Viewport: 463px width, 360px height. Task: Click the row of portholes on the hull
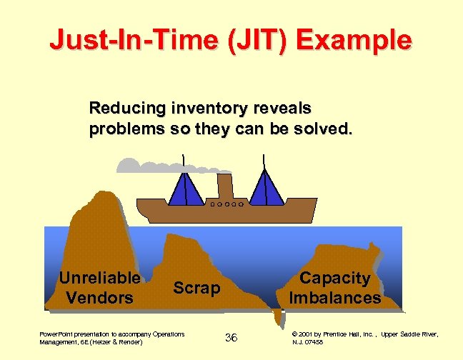coord(226,204)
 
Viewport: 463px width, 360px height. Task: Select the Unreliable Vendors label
coord(99,288)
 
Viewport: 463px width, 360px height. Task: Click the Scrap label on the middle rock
coord(197,287)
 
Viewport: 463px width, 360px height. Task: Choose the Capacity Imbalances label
coord(334,288)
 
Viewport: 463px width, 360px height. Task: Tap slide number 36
coord(231,337)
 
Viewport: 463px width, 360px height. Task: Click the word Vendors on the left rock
coord(99,297)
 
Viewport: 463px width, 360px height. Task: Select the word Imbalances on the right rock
coord(334,298)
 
